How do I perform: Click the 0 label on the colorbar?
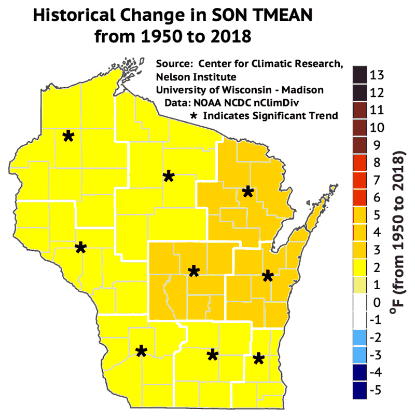[x=376, y=302]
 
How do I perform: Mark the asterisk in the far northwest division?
[x=68, y=136]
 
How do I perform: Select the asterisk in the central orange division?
[x=193, y=271]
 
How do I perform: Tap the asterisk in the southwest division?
[x=141, y=351]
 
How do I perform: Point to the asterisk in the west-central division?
[x=80, y=247]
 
